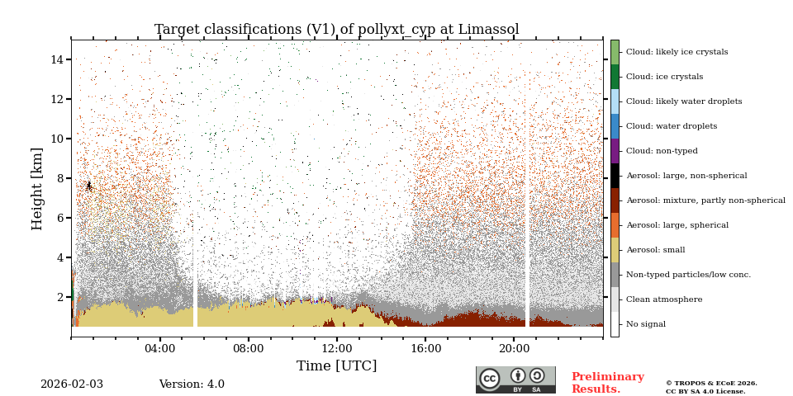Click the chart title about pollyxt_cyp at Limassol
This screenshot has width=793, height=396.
pos(336,30)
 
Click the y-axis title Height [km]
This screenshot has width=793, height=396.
pos(37,188)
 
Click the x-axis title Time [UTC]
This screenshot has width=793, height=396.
pos(336,366)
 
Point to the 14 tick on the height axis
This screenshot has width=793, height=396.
pos(57,59)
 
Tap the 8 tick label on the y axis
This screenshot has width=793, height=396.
pos(60,178)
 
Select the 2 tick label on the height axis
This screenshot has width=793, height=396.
pos(60,297)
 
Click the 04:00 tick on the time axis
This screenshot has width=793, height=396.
pos(159,348)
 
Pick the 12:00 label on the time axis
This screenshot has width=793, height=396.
pos(336,348)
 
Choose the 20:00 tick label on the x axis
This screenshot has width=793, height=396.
pos(513,348)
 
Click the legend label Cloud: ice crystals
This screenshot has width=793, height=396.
pos(664,77)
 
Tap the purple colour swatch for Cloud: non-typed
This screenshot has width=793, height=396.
pos(615,151)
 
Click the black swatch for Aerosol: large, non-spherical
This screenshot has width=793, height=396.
pos(615,176)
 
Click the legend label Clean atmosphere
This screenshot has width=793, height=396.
pos(664,299)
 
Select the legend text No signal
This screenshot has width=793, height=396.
pos(645,324)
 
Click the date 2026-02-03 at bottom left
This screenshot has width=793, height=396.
pos(72,384)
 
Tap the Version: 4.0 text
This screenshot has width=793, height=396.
pos(192,384)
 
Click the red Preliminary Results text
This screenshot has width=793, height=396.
pos(607,383)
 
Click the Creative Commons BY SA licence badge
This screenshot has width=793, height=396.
pos(515,379)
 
